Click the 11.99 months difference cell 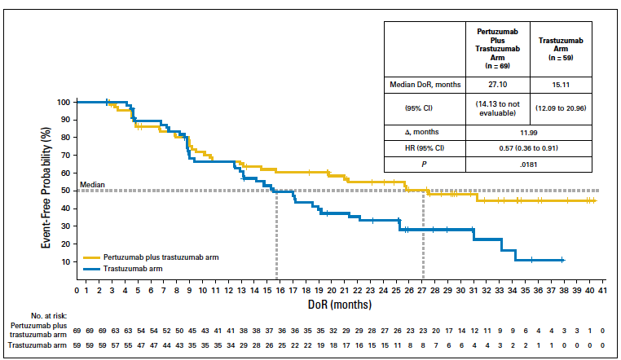530,130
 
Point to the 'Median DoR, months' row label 425,84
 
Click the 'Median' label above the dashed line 91,186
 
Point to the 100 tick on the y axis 64,102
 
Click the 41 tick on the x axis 602,289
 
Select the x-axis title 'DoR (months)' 339,304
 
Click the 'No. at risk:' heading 49,314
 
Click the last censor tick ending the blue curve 562,260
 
